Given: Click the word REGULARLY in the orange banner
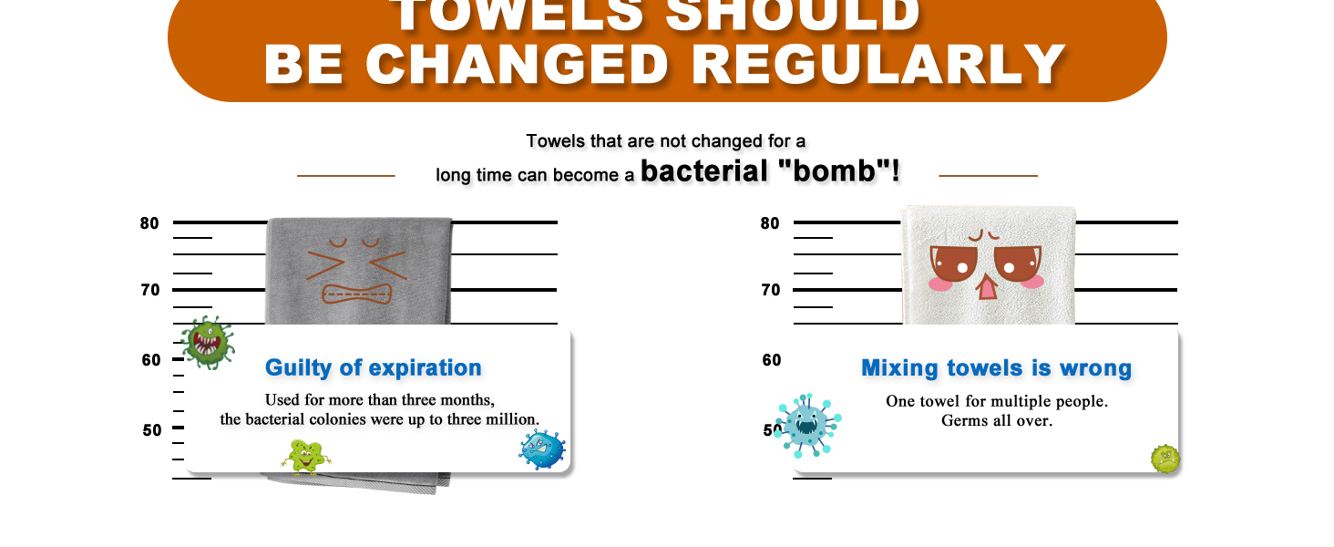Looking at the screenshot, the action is click(x=878, y=65).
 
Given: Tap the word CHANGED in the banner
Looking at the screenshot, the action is click(x=517, y=65).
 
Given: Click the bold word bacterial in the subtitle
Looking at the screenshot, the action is click(x=704, y=171).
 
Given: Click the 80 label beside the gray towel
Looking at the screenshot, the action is click(x=149, y=223).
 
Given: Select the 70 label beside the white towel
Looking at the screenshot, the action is click(x=771, y=290).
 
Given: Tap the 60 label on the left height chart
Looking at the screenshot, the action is click(x=151, y=360).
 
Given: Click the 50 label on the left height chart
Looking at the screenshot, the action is click(x=152, y=430).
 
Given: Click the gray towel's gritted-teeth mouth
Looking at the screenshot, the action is click(x=356, y=294).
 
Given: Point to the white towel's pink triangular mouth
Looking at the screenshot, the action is click(x=987, y=287).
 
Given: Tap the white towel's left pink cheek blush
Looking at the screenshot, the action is click(x=941, y=284).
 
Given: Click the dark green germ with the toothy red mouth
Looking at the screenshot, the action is click(x=207, y=343).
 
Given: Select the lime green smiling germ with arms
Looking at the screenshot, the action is click(x=305, y=457).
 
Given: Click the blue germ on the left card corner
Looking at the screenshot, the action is click(x=542, y=449).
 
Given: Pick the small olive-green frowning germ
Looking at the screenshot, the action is click(x=1165, y=459).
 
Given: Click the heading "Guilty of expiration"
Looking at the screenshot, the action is click(x=374, y=367).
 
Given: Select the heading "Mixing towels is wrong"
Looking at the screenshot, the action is click(x=996, y=368).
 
